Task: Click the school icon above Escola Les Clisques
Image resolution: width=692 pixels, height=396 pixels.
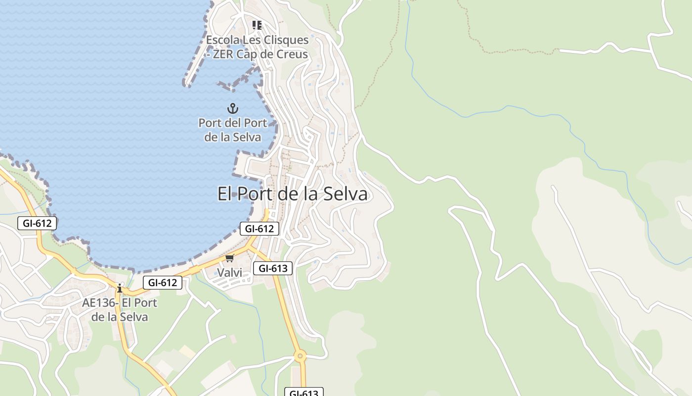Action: click(x=257, y=25)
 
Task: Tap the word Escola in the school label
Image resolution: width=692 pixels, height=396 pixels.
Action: click(x=221, y=40)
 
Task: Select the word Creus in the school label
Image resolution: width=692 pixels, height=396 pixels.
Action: click(x=293, y=54)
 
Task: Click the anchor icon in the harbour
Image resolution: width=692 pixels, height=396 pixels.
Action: click(x=232, y=108)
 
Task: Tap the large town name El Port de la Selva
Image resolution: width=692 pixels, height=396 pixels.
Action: click(x=293, y=194)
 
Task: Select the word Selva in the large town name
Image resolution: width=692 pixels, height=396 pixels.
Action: click(x=346, y=194)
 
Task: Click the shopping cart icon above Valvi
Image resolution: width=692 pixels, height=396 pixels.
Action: click(x=230, y=258)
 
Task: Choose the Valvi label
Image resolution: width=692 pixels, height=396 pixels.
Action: click(x=230, y=273)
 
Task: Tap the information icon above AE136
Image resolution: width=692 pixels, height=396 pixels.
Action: click(x=120, y=288)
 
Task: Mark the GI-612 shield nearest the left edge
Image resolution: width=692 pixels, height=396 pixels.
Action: click(x=37, y=223)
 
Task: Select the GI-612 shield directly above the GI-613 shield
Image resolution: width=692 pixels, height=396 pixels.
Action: click(x=259, y=229)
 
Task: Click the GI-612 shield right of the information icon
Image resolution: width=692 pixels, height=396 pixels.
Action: click(x=163, y=283)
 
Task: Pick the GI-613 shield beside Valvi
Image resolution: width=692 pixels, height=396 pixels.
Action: click(x=273, y=268)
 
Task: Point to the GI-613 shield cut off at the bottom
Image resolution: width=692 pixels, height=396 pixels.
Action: click(x=304, y=393)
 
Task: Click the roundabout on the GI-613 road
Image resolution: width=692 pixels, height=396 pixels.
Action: click(x=300, y=356)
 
